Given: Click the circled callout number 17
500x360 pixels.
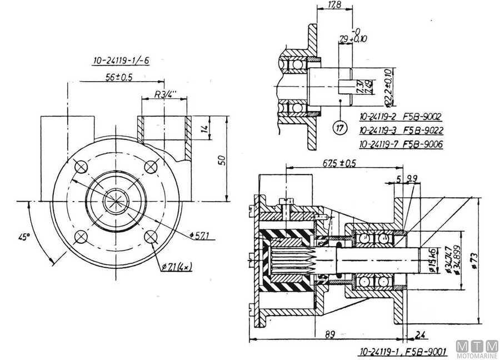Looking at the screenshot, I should click(x=339, y=128).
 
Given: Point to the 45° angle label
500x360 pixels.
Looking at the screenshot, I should click(x=23, y=237).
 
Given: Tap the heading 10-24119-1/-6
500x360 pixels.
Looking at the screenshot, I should click(x=121, y=61).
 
